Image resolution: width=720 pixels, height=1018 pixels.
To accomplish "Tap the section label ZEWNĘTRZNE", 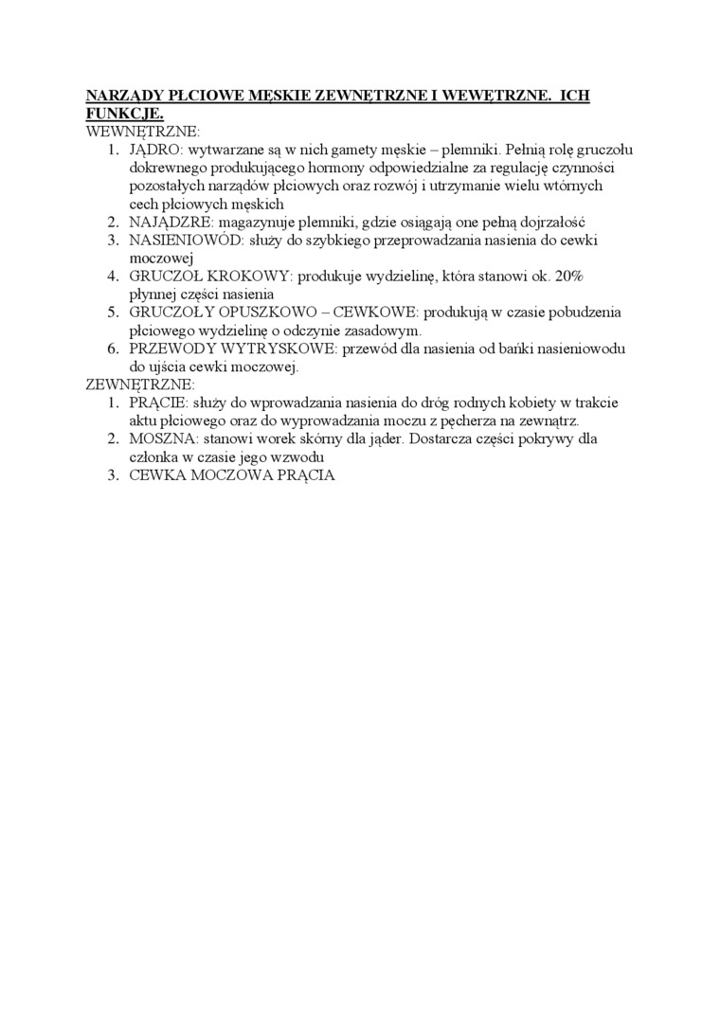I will [140, 384].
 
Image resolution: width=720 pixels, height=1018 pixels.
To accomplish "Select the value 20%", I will [570, 276].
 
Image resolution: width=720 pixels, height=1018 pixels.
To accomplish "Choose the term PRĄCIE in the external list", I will [158, 402].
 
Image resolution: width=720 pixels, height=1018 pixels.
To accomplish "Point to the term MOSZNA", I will [161, 438].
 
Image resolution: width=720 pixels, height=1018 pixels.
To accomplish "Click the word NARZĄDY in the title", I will [121, 96].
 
